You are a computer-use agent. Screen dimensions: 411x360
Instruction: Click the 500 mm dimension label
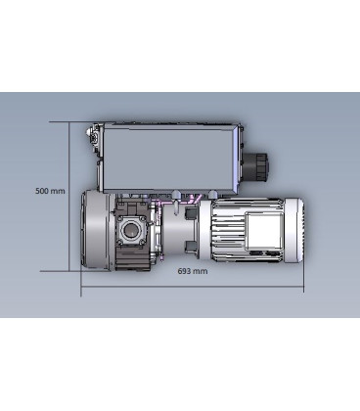click(x=49, y=191)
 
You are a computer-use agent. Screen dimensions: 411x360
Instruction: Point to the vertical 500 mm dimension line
click(x=67, y=157)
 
